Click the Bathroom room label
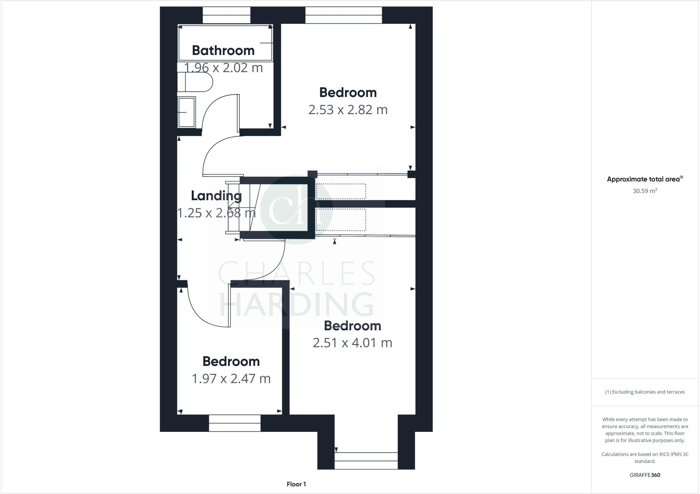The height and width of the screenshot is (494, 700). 223,51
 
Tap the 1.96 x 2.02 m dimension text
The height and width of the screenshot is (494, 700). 224,68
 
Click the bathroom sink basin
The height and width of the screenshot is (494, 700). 186,112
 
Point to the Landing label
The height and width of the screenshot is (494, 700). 216,196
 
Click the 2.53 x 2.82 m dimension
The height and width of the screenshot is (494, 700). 348,110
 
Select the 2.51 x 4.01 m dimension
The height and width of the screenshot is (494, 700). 352,343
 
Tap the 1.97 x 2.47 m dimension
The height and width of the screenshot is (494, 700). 231,379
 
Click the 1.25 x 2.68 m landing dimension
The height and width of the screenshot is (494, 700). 216,213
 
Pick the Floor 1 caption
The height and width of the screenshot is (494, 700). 296,484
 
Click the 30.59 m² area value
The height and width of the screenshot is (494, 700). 645,191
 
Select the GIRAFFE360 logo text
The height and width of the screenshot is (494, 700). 645,475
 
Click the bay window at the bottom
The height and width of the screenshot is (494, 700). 366,461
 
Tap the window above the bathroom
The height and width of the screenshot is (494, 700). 227,15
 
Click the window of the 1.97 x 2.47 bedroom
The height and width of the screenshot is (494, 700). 235,423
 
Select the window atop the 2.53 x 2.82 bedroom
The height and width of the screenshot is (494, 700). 344,15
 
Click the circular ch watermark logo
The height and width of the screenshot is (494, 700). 296,209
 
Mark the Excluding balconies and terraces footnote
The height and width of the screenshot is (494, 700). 645,392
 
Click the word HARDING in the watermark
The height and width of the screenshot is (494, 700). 296,304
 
